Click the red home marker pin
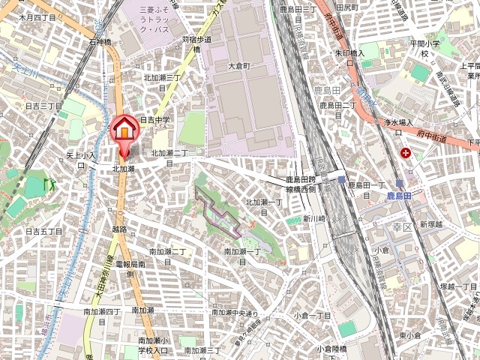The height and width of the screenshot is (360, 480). (x=124, y=130)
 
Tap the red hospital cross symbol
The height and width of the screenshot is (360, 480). (x=406, y=154)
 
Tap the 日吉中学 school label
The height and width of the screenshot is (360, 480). (x=155, y=118)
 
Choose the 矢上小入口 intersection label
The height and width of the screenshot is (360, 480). (x=81, y=159)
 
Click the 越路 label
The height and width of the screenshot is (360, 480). (x=118, y=229)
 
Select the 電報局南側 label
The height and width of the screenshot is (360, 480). (x=140, y=269)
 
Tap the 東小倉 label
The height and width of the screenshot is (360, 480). (x=409, y=335)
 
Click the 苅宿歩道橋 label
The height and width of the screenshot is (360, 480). (x=196, y=43)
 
